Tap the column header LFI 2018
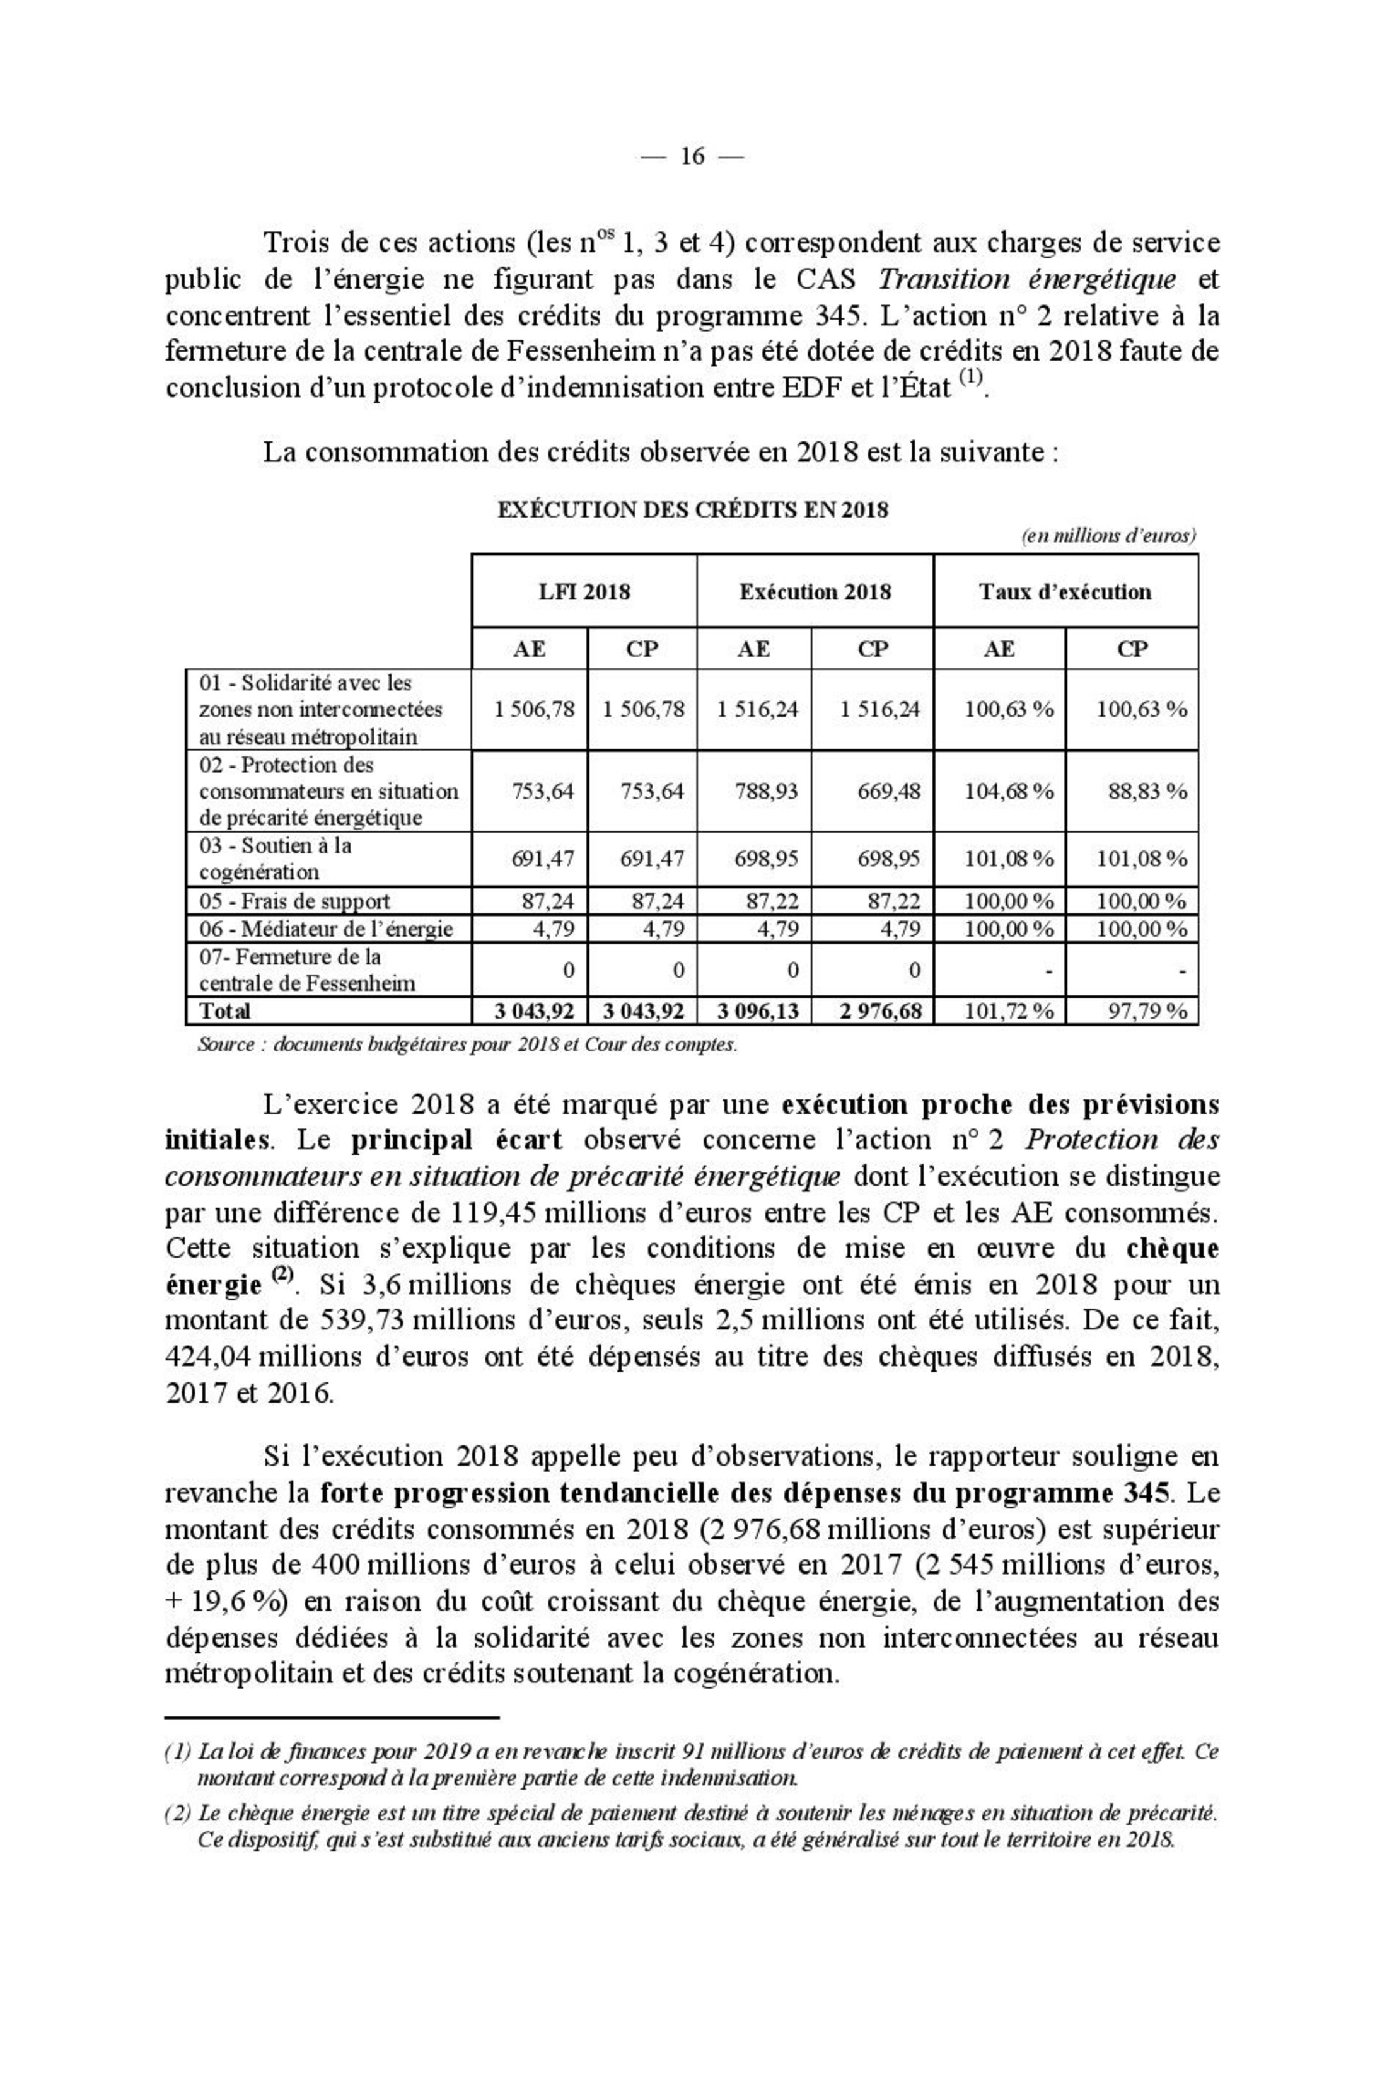(584, 591)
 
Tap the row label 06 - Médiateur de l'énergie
(325, 929)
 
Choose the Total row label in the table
(224, 1010)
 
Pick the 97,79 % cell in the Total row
(1147, 1010)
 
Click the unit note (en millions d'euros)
(1108, 536)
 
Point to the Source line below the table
(467, 1044)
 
